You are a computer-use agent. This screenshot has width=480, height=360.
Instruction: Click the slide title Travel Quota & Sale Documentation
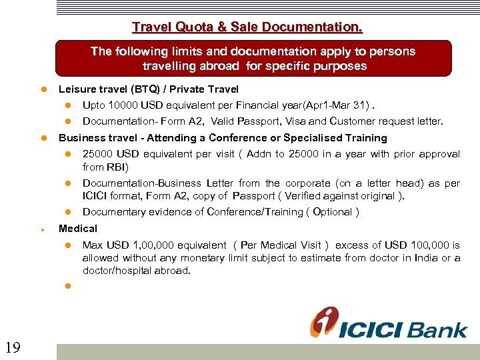click(247, 27)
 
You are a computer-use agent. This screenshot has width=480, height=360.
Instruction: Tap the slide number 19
click(12, 346)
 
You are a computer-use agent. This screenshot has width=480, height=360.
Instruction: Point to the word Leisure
click(77, 89)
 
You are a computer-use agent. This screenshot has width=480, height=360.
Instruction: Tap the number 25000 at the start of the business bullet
click(97, 154)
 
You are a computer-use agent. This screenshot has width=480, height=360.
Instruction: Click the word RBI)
click(117, 167)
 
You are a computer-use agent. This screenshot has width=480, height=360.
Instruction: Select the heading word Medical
click(78, 228)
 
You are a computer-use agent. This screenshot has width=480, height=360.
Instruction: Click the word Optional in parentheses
click(332, 212)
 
